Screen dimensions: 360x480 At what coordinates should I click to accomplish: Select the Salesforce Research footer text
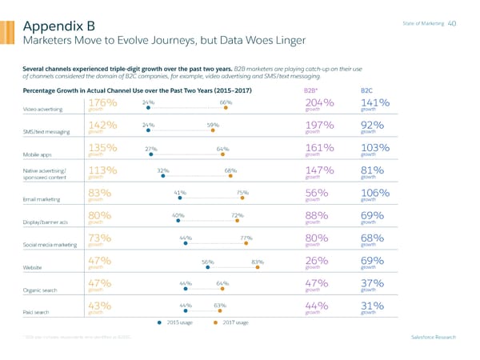click(433, 337)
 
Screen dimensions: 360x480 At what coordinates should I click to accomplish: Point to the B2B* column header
click(310, 90)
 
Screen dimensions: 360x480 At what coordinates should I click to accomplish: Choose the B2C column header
click(367, 90)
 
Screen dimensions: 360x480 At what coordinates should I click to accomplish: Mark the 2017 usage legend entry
click(233, 322)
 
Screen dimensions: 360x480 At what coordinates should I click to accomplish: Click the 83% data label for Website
click(258, 262)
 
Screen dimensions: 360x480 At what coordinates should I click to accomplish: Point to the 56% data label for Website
click(207, 262)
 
